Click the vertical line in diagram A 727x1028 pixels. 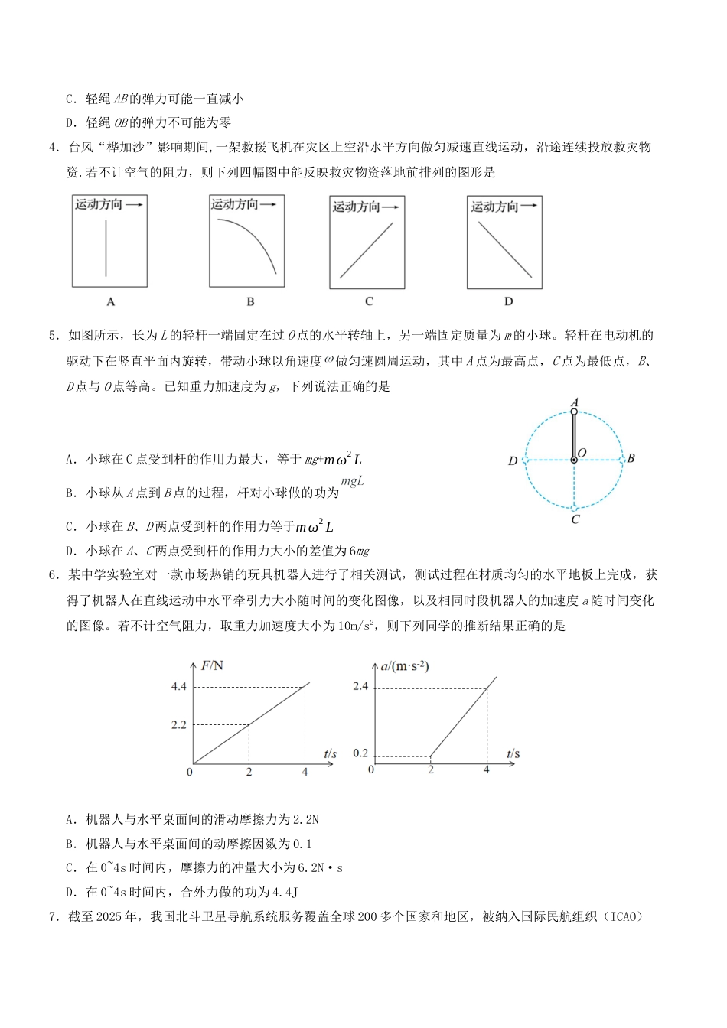coord(106,249)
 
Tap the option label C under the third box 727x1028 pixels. coord(369,301)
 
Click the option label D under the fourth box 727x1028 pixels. coord(509,301)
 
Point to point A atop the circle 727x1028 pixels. coord(575,402)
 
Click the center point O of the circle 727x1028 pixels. coord(574,460)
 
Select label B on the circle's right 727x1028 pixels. coord(631,458)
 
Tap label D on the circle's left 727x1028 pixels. coord(513,461)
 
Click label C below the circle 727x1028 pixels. coord(575,519)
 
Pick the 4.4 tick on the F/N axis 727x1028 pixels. coord(179,686)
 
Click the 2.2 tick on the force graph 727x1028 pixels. coord(179,724)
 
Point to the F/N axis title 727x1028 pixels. coord(213,665)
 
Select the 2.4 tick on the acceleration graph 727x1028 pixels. coord(360,686)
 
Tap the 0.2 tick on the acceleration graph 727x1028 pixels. coord(360,753)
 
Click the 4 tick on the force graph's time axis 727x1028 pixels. coord(305,773)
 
